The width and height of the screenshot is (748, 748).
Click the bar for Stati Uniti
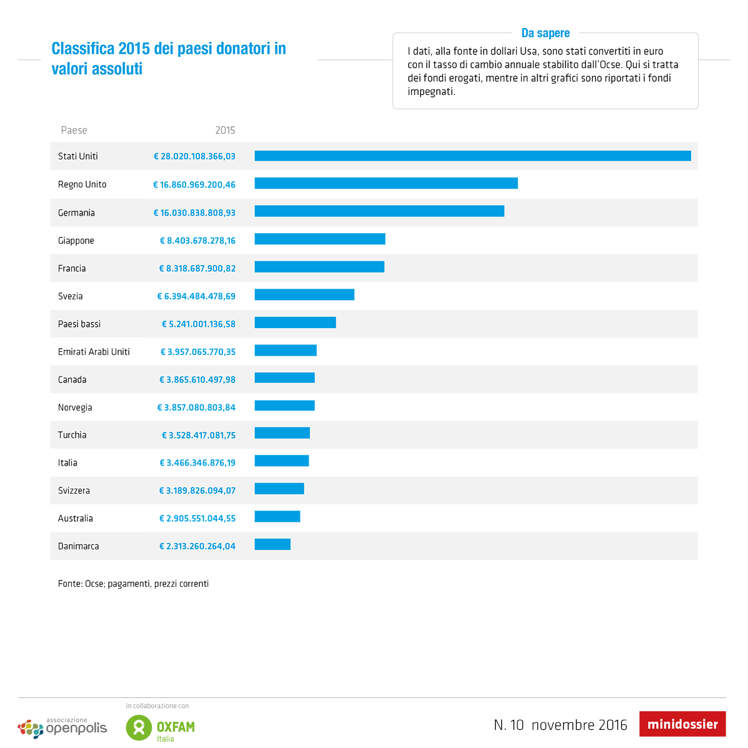click(x=472, y=156)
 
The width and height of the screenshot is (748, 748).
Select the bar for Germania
click(x=379, y=211)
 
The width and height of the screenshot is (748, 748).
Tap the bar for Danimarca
click(x=272, y=544)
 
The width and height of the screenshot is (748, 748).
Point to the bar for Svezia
click(x=304, y=294)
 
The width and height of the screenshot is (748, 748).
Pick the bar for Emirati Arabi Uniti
click(x=286, y=350)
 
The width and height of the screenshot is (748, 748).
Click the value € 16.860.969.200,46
click(x=194, y=184)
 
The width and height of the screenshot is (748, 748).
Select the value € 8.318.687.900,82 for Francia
click(x=197, y=268)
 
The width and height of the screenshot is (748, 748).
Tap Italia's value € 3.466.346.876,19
click(x=197, y=462)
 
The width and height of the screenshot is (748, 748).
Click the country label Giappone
click(x=76, y=241)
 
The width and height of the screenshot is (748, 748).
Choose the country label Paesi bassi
click(x=79, y=324)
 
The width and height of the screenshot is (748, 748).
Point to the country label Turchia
click(x=72, y=435)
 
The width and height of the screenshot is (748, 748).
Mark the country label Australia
click(x=76, y=518)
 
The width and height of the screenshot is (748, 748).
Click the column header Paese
click(x=74, y=130)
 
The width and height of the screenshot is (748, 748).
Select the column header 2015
click(x=225, y=130)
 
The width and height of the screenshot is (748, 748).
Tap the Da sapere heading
click(x=546, y=33)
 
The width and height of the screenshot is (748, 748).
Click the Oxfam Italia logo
click(x=161, y=727)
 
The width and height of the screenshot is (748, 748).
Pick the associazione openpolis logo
click(x=62, y=727)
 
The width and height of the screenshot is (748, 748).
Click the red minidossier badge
click(x=682, y=724)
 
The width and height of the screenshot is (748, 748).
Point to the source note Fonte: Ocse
click(x=133, y=584)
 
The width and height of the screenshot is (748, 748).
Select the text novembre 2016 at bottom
click(x=579, y=725)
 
